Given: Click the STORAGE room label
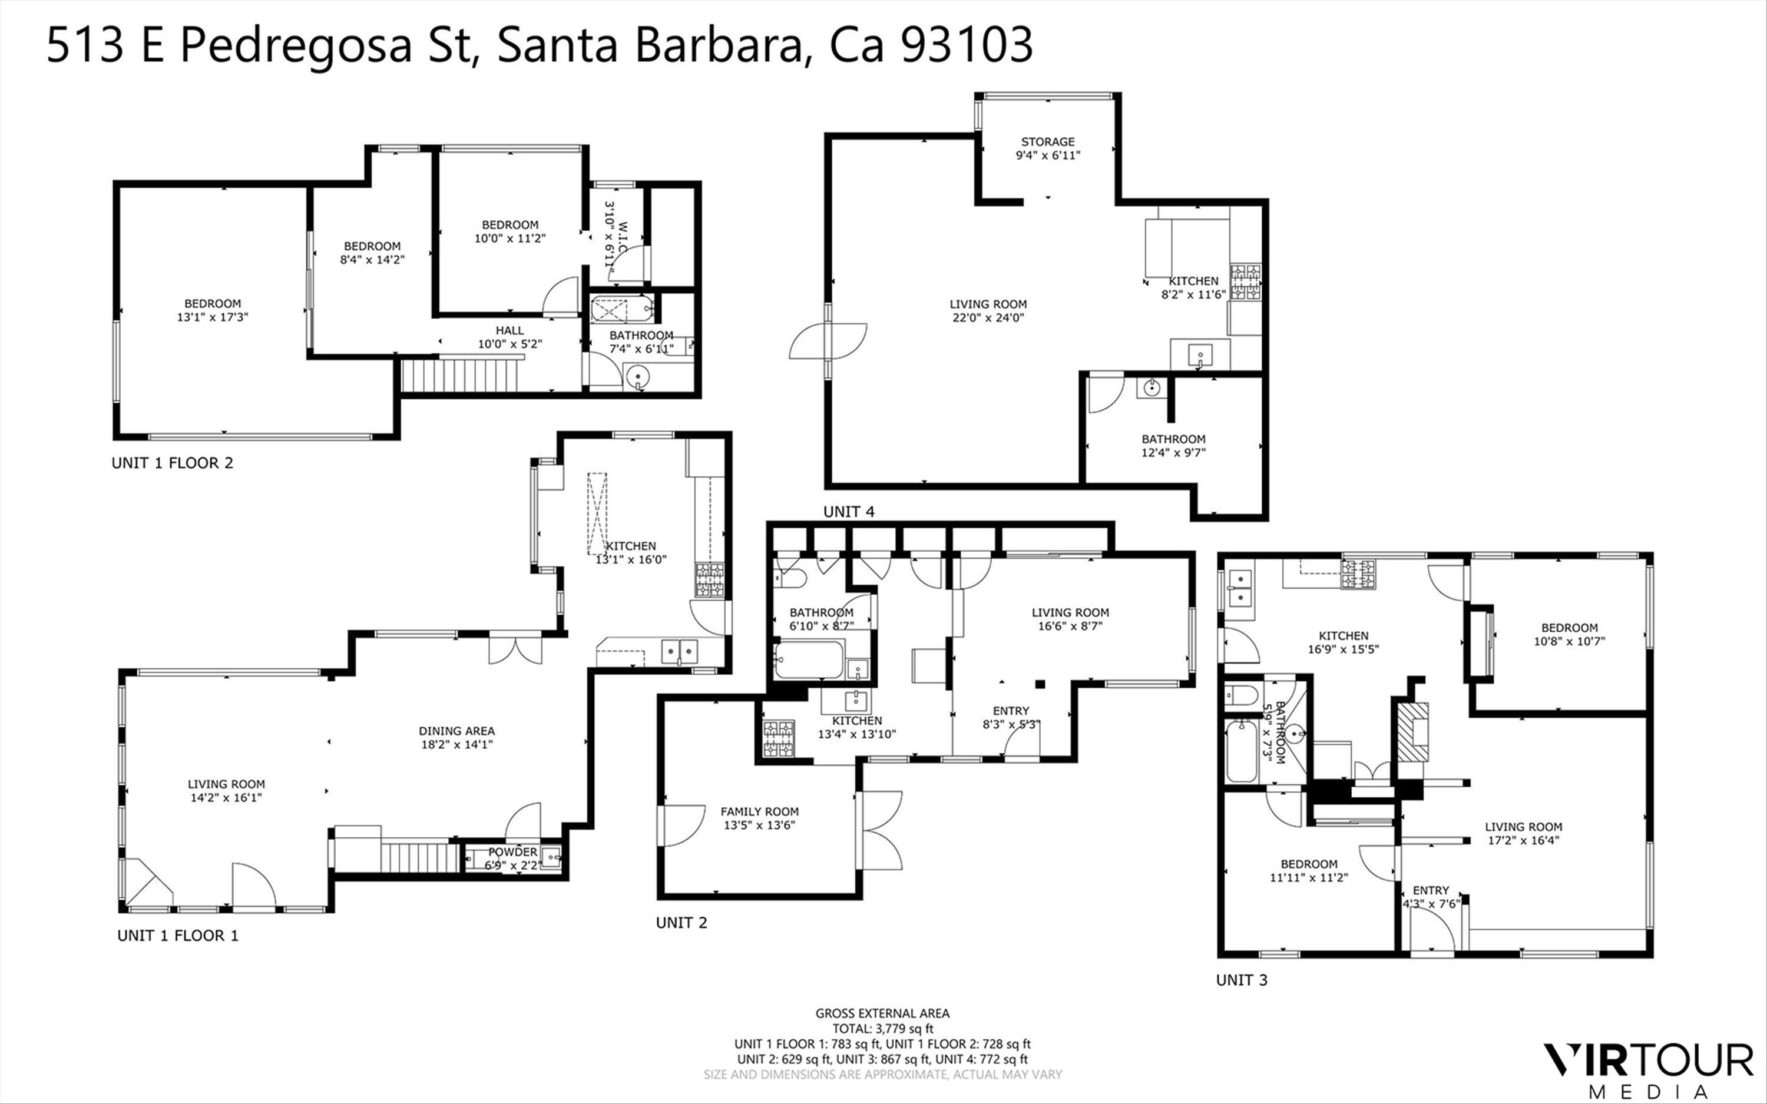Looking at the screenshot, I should tap(1047, 142).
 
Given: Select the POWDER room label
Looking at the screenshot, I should tap(512, 852).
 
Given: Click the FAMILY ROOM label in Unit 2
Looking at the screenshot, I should tap(759, 811).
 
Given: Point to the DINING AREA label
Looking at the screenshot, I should tap(456, 731).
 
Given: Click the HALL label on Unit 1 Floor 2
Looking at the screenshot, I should tap(509, 331).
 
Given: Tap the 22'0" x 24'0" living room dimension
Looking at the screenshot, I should tap(988, 317).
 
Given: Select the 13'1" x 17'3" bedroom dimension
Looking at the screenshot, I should tap(213, 317).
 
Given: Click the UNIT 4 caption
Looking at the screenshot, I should tap(848, 512).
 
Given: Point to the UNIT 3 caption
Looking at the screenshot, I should tap(1241, 980).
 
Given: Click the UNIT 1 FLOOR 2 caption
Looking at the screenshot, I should tap(173, 463).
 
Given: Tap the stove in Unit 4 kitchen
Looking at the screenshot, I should tap(1246, 283).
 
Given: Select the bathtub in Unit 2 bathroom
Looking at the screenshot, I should tap(808, 659).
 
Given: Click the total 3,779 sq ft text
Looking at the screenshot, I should tap(882, 1029).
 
